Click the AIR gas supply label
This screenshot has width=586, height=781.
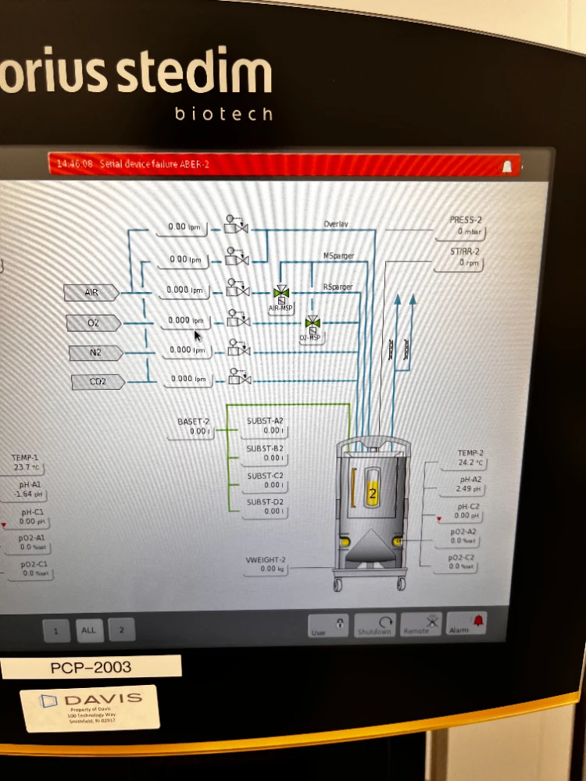point(92,292)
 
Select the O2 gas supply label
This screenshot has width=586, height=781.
point(94,323)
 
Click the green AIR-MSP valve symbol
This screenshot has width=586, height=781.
point(280,294)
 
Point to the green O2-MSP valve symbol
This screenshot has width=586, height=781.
point(313,322)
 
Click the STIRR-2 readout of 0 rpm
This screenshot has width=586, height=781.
point(467,263)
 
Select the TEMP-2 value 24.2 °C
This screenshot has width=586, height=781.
point(471,463)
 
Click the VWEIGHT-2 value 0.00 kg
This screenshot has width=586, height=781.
point(273,569)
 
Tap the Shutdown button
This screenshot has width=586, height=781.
point(374,626)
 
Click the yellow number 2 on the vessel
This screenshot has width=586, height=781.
point(373,494)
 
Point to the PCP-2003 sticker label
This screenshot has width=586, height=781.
point(91,668)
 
